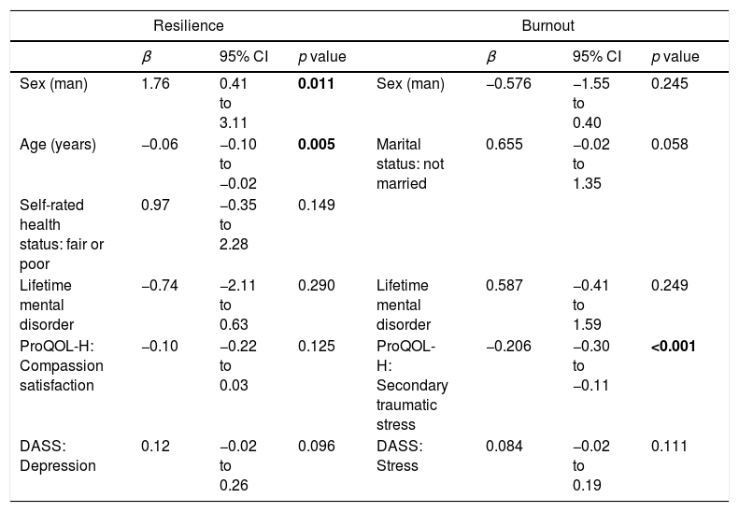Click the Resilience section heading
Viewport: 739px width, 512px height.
click(x=189, y=25)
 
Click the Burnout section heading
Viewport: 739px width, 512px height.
click(x=547, y=25)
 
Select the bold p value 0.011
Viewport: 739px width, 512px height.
click(x=316, y=84)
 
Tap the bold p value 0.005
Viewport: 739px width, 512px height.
click(x=316, y=144)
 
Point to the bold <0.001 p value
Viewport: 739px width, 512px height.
click(x=673, y=347)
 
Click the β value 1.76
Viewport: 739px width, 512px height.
click(x=155, y=84)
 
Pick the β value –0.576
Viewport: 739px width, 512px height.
click(x=508, y=84)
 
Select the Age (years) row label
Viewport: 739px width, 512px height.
click(x=58, y=145)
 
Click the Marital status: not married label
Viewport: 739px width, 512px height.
click(x=410, y=164)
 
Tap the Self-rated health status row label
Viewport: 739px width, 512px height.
click(x=62, y=235)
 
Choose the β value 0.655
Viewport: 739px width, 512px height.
click(x=505, y=144)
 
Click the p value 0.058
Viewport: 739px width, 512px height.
click(x=669, y=144)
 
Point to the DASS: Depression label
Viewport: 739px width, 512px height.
click(x=58, y=456)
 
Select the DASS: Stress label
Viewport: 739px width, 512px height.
click(x=400, y=456)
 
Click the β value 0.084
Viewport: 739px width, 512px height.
click(x=505, y=446)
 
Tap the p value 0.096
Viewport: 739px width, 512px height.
click(x=316, y=446)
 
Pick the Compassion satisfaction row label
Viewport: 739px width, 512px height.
click(x=62, y=366)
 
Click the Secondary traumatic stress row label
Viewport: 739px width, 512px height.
click(x=412, y=386)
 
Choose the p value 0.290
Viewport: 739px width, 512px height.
click(x=316, y=286)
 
